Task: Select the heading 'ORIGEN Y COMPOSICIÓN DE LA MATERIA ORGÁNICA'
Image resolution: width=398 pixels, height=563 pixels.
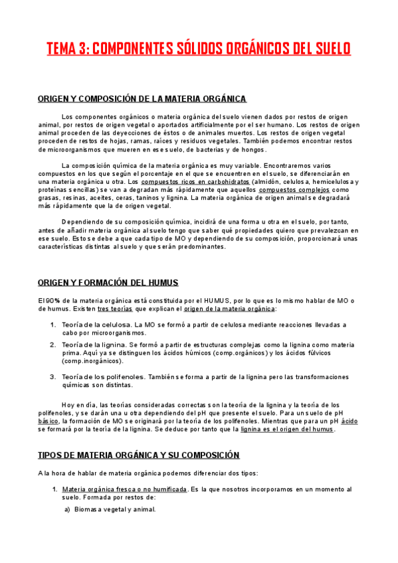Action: (142, 99)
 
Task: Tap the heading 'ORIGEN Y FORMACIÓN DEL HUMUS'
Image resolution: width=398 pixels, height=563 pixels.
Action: (108, 283)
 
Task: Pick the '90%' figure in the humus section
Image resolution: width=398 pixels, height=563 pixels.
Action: (53, 301)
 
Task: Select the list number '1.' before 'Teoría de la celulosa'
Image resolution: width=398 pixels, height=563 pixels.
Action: (53, 325)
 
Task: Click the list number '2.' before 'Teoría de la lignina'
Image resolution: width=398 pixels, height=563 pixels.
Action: (53, 345)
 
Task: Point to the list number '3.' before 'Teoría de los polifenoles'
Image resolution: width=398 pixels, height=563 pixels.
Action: (53, 376)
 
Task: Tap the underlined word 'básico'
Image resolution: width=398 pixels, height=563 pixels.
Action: (48, 421)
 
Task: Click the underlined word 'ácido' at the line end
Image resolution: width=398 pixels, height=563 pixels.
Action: (349, 421)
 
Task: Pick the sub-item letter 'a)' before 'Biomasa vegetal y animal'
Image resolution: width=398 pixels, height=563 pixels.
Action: (67, 509)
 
